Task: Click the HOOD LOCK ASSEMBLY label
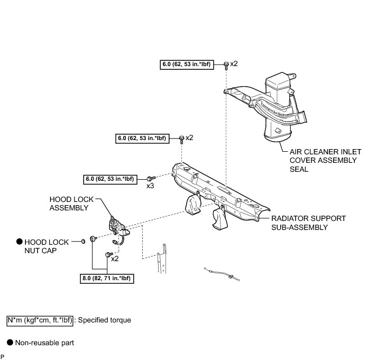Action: (x=68, y=204)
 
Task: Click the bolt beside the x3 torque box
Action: (x=151, y=178)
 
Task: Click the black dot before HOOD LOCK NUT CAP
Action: (x=20, y=242)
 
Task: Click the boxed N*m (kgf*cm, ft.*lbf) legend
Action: (x=39, y=320)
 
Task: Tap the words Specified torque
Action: (x=104, y=320)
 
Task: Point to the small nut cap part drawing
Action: (x=83, y=242)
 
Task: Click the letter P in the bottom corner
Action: (x=3, y=357)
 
